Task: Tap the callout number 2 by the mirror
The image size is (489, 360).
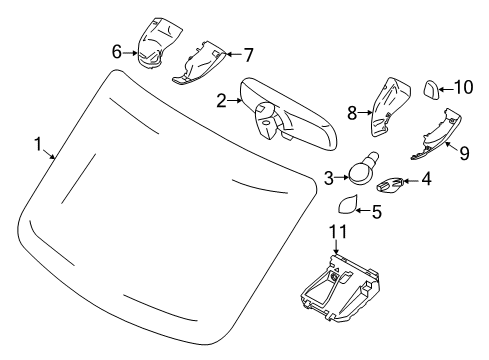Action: coord(222,100)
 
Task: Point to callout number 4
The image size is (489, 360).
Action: coord(427,182)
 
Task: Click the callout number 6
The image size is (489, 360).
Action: coord(117,50)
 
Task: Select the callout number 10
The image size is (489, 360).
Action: coord(461,87)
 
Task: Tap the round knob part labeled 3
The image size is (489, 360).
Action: coord(363,172)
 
